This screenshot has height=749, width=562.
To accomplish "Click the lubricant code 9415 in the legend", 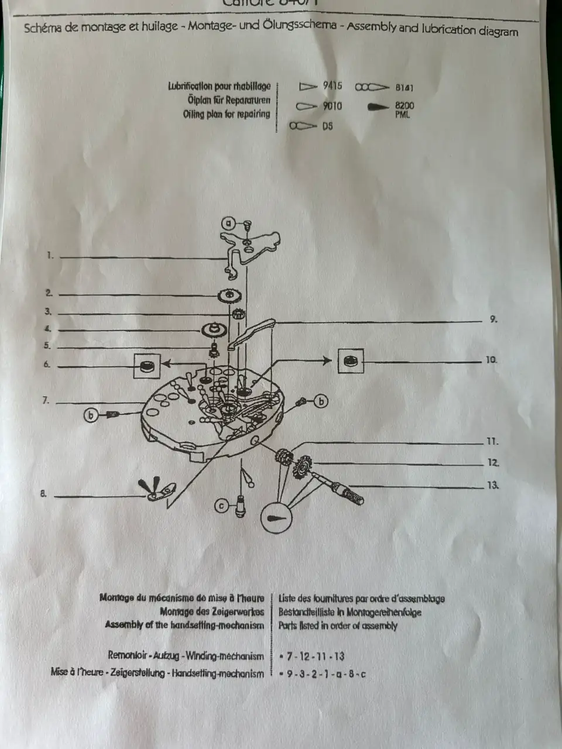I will point(333,86).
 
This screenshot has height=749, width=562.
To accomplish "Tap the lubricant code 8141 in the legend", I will point(404,88).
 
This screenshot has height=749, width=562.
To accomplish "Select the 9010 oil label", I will point(333,106).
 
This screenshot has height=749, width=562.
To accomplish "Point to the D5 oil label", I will point(327,126).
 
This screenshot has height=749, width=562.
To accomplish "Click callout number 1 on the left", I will point(50,255).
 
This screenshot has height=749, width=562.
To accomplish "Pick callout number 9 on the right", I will point(493,319).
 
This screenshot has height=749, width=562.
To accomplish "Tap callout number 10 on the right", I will point(491,360).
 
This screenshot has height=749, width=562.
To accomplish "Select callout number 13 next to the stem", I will point(492,485).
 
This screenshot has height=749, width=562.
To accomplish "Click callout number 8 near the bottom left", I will point(43,493).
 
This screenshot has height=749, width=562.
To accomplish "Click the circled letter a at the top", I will point(229,223).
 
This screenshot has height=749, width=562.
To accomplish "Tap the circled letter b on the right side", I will point(321,401).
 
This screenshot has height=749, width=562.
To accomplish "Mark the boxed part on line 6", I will point(148,366).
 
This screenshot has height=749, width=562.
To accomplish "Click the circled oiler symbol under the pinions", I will point(276,518).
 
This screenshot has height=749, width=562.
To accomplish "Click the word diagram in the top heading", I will point(498,31).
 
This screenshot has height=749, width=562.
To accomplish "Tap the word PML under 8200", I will point(403,115).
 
